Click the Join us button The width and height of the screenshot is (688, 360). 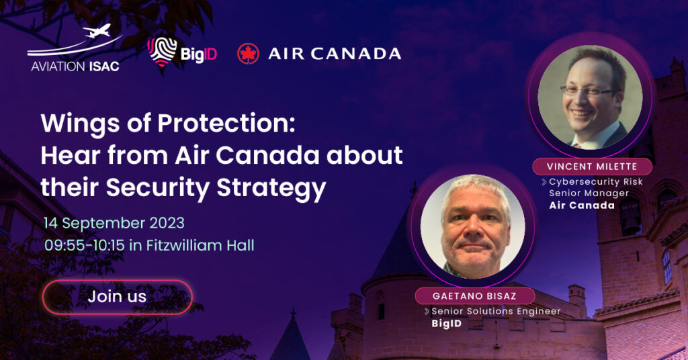[x=117, y=297]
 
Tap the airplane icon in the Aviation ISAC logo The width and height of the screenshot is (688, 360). [x=97, y=32]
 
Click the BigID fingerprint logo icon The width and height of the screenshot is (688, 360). [x=162, y=52]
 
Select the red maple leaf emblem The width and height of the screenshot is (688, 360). [x=248, y=54]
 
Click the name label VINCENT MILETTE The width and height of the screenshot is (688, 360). [x=592, y=167]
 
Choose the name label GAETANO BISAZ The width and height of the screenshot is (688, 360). [x=474, y=296]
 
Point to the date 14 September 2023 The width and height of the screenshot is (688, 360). [x=114, y=223]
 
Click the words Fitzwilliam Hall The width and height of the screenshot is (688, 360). [x=200, y=245]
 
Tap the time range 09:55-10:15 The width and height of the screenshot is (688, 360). [x=84, y=245]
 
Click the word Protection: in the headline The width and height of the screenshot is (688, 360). [x=226, y=123]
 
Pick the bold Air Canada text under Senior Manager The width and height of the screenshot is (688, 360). [x=582, y=206]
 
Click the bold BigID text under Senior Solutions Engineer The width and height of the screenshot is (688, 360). [x=447, y=324]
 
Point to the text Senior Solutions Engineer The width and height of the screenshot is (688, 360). [x=496, y=312]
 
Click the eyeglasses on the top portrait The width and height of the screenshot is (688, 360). [x=589, y=91]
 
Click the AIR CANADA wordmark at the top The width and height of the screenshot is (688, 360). [x=335, y=54]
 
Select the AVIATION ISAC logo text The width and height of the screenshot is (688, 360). [x=75, y=66]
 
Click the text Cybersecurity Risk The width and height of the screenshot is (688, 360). [x=596, y=181]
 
